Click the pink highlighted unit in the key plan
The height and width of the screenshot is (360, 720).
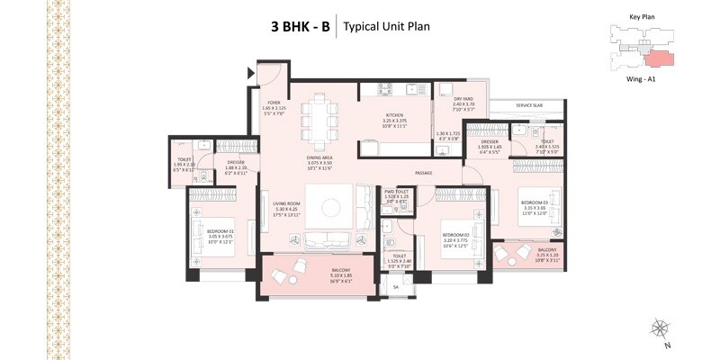click(x=658, y=58)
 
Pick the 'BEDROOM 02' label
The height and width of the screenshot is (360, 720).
click(x=457, y=233)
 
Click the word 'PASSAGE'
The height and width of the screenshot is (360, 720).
click(x=425, y=172)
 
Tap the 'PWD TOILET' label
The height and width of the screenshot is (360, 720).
click(x=396, y=192)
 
